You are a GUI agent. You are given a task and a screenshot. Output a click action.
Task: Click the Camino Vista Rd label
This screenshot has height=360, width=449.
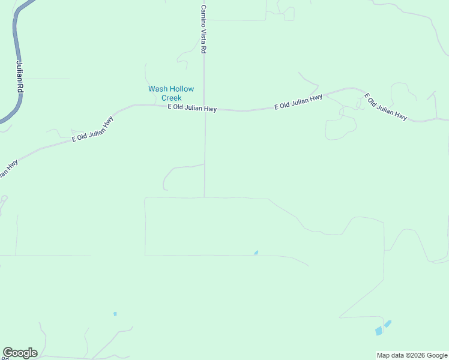click(x=203, y=30)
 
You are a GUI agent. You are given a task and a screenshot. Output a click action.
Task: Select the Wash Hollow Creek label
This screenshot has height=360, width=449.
click(x=172, y=93)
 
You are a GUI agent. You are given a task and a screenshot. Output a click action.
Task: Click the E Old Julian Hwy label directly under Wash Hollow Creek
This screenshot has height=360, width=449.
click(x=192, y=108)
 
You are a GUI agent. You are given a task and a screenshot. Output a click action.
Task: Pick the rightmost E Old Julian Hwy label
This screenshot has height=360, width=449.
click(x=387, y=107)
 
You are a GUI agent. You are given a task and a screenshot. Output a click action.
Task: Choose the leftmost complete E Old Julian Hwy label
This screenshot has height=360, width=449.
click(x=92, y=129)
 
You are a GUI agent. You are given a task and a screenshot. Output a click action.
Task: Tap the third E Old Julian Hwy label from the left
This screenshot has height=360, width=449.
click(x=298, y=102)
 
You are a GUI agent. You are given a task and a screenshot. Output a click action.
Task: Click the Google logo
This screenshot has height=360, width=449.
click(x=20, y=353)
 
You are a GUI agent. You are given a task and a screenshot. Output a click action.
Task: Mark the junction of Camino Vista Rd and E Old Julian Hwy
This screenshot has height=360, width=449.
click(x=204, y=110)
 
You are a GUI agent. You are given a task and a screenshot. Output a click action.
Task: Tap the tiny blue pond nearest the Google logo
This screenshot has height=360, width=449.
click(x=115, y=314)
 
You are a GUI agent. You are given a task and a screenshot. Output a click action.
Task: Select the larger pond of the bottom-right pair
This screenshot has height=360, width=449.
click(x=378, y=331)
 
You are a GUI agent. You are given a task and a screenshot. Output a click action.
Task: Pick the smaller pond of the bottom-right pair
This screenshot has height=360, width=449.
click(x=388, y=323)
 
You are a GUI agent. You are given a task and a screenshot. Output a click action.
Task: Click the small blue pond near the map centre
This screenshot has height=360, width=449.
click(x=256, y=253)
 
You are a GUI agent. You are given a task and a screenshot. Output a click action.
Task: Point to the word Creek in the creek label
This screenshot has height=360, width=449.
click(x=172, y=98)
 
